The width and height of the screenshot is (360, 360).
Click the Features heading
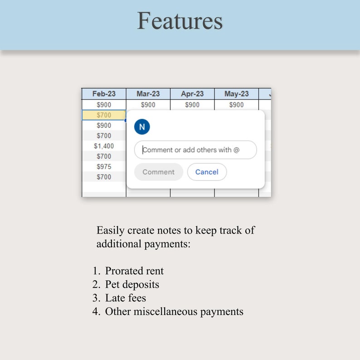(180, 21)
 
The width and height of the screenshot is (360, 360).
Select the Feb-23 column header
(104, 94)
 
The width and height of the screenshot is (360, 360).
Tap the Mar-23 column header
(148, 94)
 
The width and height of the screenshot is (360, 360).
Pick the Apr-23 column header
(192, 94)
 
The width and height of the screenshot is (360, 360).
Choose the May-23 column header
(236, 94)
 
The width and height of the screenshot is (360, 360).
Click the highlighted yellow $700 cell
(104, 115)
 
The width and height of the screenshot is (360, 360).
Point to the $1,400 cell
(104, 146)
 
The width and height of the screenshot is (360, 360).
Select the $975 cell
(104, 166)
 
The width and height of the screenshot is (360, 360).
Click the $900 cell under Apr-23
(192, 105)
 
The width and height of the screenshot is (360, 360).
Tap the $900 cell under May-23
(236, 105)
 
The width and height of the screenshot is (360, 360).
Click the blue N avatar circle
(142, 127)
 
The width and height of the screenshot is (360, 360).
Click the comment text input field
(195, 150)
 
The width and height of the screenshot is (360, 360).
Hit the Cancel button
(207, 172)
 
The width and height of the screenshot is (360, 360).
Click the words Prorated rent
(134, 271)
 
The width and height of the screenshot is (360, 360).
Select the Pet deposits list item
(132, 285)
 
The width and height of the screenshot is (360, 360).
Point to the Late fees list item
(126, 298)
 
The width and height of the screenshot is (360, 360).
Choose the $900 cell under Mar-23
(148, 105)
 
